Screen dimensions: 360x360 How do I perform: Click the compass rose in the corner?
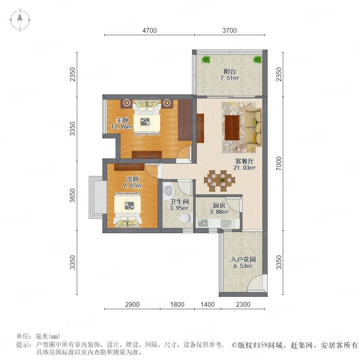tap(20, 20)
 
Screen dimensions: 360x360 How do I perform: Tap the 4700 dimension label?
tap(150, 30)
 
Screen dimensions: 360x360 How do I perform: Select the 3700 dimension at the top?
tap(229, 30)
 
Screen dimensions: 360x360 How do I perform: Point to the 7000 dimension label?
tap(278, 163)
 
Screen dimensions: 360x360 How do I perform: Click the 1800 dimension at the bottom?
tap(177, 304)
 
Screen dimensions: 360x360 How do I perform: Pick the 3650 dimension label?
tap(72, 195)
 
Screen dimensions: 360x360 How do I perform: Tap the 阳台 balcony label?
tap(230, 72)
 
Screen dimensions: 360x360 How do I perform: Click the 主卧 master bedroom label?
tap(122, 120)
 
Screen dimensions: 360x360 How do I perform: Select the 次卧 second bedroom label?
tap(132, 179)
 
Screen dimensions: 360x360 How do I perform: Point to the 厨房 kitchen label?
tap(219, 205)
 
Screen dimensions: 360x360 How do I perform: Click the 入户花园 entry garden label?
tap(243, 260)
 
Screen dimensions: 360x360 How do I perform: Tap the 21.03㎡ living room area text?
tap(244, 168)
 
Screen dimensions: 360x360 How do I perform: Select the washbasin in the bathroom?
tap(168, 190)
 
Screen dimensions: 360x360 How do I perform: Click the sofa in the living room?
tap(253, 127)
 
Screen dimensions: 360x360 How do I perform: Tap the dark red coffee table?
tap(232, 128)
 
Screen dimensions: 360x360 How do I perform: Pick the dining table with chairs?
tap(220, 180)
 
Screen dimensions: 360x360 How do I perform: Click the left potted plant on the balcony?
tap(206, 60)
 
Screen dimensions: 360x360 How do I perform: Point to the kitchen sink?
tap(226, 222)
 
